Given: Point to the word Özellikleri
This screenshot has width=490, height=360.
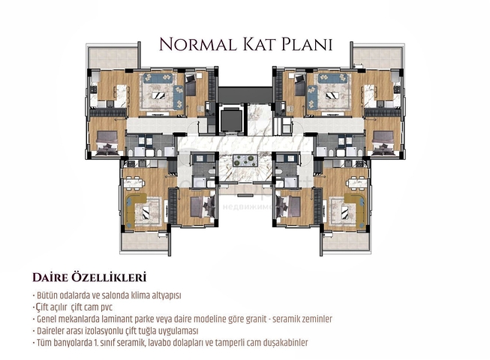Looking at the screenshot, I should [108, 277].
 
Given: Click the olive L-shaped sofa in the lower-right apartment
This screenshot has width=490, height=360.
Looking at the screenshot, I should [353, 209].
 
